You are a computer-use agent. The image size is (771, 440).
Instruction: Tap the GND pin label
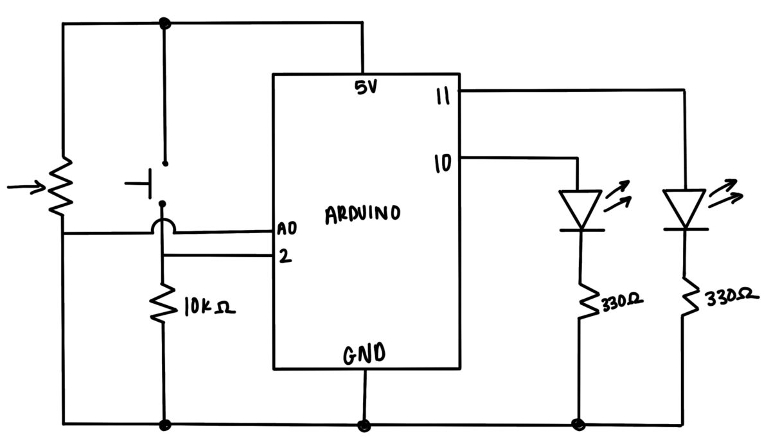point(364,354)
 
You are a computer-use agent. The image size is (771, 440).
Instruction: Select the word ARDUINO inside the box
point(362,214)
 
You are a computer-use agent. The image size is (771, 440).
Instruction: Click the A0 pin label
point(287,229)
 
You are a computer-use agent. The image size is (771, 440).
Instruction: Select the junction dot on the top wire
point(165,24)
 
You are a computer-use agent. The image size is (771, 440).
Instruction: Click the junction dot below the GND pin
point(364,425)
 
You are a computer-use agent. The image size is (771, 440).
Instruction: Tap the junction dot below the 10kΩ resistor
point(165,425)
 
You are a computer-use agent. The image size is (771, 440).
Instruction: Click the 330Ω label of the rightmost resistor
point(728,297)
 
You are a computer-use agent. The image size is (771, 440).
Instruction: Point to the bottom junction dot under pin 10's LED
point(579,424)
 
